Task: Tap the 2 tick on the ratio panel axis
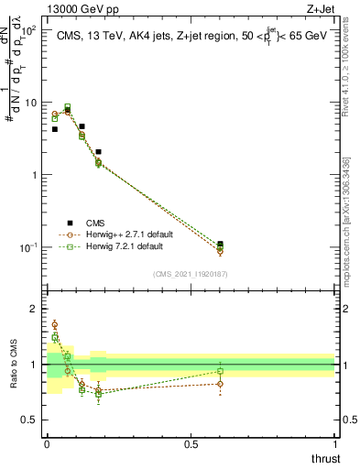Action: (38, 309)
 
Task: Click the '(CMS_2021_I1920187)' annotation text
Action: (191, 274)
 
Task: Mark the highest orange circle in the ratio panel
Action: (55, 324)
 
